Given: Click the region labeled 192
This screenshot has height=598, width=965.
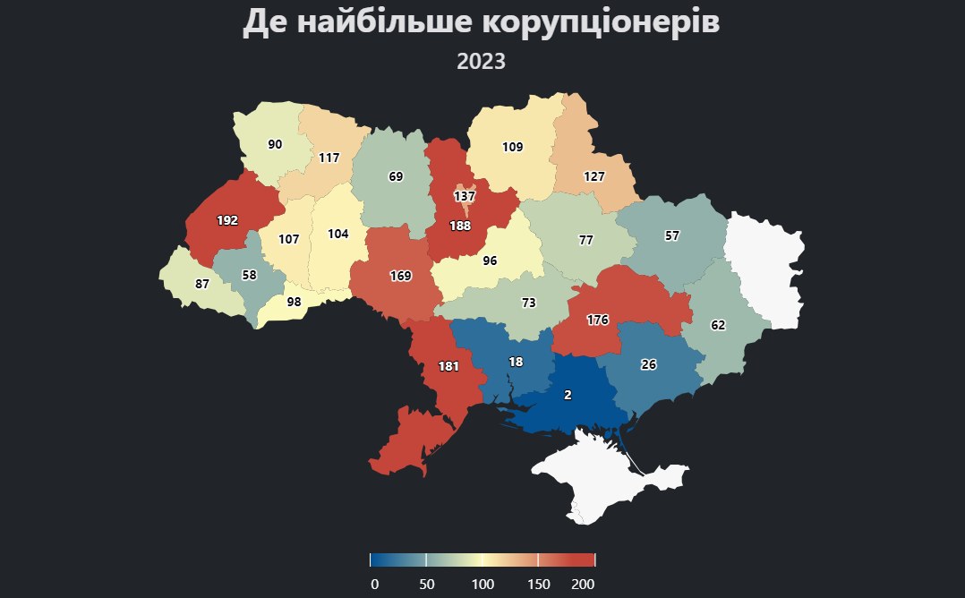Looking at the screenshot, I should click(x=227, y=220).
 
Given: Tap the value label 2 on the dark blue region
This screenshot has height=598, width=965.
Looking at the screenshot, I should click(x=568, y=395).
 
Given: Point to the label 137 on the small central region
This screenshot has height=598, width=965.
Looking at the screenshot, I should click(x=464, y=196).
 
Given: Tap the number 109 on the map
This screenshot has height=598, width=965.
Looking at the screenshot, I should click(x=512, y=147).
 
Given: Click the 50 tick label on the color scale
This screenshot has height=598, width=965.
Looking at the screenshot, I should click(x=427, y=585).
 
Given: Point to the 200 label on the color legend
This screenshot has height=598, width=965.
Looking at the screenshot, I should click(x=583, y=585).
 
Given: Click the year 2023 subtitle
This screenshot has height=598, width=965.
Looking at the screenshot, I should click(x=482, y=62).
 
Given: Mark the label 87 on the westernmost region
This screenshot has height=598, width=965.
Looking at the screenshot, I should click(x=202, y=284).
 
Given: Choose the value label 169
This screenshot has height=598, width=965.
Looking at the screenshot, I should click(x=400, y=276).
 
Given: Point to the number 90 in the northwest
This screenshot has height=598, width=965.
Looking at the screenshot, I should click(x=275, y=144).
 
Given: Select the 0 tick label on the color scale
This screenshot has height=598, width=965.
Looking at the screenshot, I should click(x=375, y=585).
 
